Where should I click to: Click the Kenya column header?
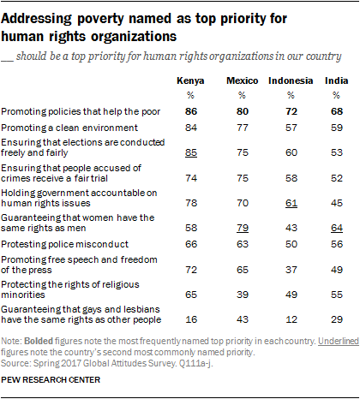click(x=190, y=81)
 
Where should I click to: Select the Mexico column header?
click(x=243, y=80)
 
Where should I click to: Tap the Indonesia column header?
click(x=291, y=80)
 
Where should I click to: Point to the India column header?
click(x=337, y=80)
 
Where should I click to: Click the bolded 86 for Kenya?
click(x=191, y=111)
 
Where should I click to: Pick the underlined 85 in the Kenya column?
click(x=191, y=152)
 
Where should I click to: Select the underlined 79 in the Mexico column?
click(x=243, y=228)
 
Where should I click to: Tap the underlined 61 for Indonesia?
click(x=291, y=203)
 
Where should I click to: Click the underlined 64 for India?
click(x=337, y=228)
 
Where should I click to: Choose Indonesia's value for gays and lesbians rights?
click(x=291, y=319)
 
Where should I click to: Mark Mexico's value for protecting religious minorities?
click(x=243, y=295)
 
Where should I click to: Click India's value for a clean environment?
click(x=337, y=128)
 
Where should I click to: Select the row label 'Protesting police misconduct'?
click(x=65, y=244)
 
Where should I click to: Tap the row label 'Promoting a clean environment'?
click(x=69, y=128)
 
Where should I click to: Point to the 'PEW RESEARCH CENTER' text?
click(x=51, y=380)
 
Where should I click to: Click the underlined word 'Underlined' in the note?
click(x=339, y=341)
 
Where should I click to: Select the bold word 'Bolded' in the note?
click(x=39, y=341)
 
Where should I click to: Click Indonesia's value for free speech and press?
click(x=291, y=270)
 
